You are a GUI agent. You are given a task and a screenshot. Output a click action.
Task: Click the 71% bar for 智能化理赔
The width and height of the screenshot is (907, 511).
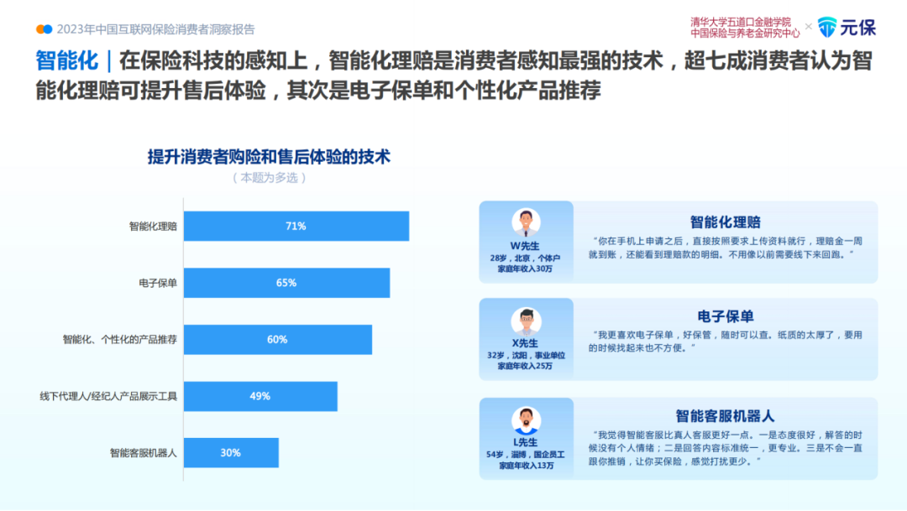pyautogui.click(x=296, y=227)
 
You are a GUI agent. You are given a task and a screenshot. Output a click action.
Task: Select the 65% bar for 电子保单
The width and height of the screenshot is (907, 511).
pyautogui.click(x=286, y=283)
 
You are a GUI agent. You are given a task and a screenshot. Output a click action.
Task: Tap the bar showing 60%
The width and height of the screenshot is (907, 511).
pyautogui.click(x=277, y=340)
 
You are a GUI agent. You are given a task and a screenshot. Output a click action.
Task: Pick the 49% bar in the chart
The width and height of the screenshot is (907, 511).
pyautogui.click(x=260, y=396)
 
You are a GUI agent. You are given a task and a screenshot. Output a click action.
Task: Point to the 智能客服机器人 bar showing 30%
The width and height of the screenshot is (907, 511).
pyautogui.click(x=231, y=453)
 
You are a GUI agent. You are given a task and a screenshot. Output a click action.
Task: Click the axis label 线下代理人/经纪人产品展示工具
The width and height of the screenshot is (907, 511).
pyautogui.click(x=108, y=396)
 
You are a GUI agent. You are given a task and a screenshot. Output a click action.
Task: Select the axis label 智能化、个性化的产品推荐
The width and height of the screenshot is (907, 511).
pyautogui.click(x=120, y=340)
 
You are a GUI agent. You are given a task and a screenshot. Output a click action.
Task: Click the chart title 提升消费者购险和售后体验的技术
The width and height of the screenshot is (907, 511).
pyautogui.click(x=269, y=157)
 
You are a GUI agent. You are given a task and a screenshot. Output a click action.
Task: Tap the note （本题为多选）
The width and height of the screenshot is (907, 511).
pyautogui.click(x=269, y=178)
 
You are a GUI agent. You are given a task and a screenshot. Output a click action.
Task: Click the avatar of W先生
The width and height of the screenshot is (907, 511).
pyautogui.click(x=526, y=222)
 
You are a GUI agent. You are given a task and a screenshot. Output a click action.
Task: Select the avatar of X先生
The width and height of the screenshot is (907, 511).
pyautogui.click(x=526, y=321)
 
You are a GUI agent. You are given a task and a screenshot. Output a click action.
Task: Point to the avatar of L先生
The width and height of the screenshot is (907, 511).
pyautogui.click(x=526, y=420)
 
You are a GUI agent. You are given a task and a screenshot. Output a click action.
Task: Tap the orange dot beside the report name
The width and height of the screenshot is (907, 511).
pyautogui.click(x=40, y=29)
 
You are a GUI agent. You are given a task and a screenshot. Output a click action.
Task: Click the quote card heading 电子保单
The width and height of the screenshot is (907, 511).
pyautogui.click(x=726, y=316)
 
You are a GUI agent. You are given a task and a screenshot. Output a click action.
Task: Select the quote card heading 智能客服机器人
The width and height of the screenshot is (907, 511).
pyautogui.click(x=726, y=415)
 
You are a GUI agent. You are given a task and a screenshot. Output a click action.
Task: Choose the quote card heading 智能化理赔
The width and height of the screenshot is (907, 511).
pyautogui.click(x=726, y=222)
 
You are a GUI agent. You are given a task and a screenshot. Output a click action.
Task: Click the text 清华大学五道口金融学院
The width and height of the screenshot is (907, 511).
pyautogui.click(x=741, y=22)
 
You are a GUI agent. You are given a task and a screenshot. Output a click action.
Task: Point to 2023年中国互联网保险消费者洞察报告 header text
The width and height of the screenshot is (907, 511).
pyautogui.click(x=155, y=29)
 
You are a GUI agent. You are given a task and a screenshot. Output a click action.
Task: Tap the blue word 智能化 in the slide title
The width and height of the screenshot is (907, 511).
pyautogui.click(x=66, y=60)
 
